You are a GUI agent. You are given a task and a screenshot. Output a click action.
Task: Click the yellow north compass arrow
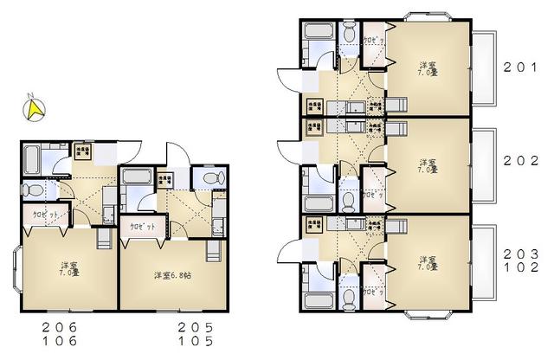tap(35, 108)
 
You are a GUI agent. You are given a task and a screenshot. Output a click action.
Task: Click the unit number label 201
tap(523, 66)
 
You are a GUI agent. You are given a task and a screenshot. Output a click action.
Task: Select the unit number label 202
tap(523, 161)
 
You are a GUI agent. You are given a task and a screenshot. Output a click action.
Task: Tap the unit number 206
tap(60, 326)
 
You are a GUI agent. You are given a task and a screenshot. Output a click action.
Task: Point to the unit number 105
tap(195, 340)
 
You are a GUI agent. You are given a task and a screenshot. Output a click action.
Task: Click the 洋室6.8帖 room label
tap(174, 275)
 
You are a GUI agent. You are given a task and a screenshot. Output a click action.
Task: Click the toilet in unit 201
tap(348, 34)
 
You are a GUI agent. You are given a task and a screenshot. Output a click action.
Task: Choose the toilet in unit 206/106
tap(31, 190)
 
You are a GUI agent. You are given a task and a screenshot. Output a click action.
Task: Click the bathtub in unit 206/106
tap(32, 158)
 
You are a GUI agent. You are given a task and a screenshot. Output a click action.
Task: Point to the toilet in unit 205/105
tap(205, 177)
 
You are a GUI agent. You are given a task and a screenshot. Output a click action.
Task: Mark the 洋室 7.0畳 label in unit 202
tap(425, 164)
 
